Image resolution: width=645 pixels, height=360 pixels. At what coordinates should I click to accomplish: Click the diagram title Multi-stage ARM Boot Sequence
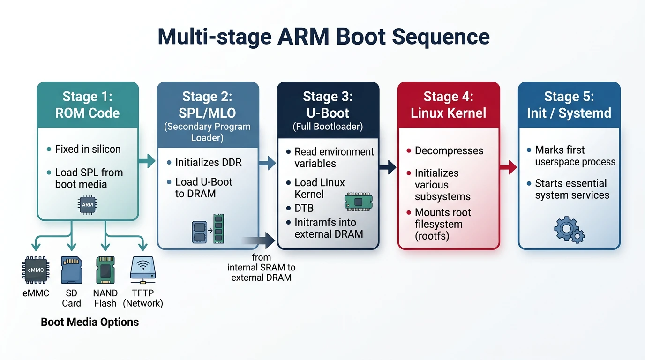point(323,37)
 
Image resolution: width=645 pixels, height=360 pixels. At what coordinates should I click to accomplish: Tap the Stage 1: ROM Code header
point(88,105)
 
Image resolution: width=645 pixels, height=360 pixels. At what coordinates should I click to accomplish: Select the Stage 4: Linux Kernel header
point(448,105)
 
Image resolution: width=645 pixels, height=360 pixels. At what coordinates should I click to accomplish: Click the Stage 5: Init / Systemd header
point(569,105)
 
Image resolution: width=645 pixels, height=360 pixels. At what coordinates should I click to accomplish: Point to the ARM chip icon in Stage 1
point(88,205)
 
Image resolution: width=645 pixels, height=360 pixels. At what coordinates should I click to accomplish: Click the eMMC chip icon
point(36,270)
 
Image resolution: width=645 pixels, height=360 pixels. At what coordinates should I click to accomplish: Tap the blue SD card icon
point(71,270)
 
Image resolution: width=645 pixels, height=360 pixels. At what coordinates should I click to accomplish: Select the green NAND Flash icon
point(105,270)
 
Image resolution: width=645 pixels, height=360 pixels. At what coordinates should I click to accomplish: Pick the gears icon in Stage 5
point(569,229)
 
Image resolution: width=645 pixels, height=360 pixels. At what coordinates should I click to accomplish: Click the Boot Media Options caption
point(90,322)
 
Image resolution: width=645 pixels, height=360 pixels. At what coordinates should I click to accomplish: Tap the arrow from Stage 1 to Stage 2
point(148,161)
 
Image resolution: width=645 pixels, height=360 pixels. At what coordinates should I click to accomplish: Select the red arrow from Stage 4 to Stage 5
point(509,166)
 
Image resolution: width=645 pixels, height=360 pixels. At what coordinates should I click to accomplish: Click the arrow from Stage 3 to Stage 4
point(388,166)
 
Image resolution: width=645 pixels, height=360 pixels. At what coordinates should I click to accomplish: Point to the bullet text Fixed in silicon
point(88,150)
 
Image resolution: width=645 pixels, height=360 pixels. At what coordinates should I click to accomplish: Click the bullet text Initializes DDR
point(208,163)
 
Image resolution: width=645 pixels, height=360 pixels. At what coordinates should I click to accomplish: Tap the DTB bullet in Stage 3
point(304,208)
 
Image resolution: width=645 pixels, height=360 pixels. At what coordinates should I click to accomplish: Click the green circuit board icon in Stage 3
point(358,201)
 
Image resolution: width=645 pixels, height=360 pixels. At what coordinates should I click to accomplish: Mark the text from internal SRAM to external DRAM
point(261,267)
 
